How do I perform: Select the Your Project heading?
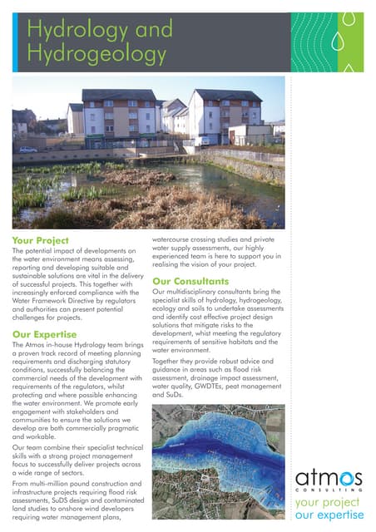tap(41, 240)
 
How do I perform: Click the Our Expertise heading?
tap(45, 334)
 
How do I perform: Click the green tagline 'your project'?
tap(329, 504)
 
